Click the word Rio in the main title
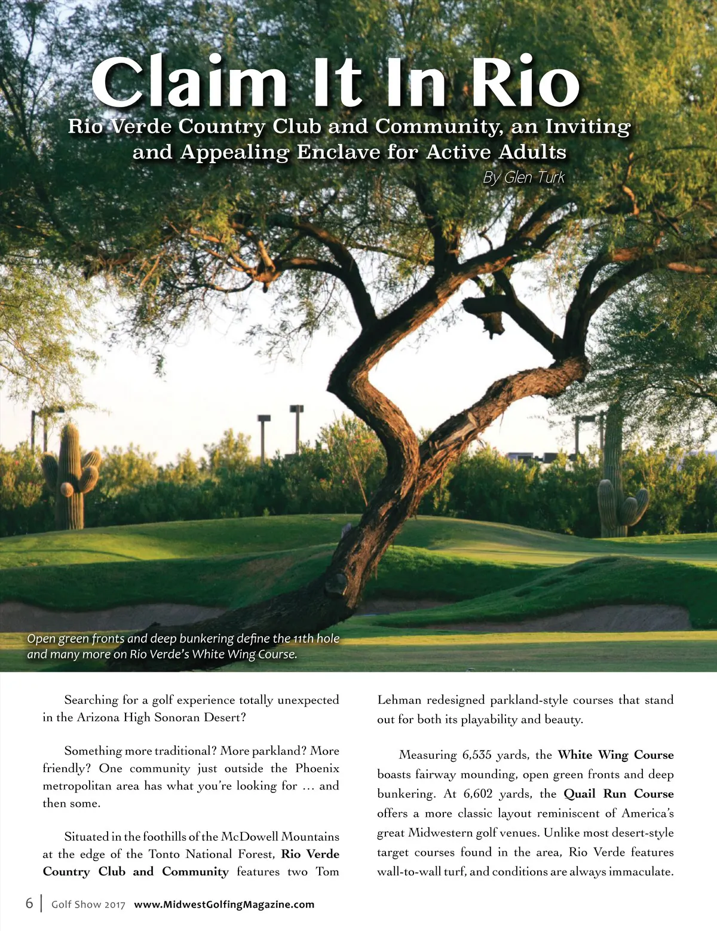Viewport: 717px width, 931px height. click(x=525, y=82)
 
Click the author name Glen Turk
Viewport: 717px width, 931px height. click(x=534, y=177)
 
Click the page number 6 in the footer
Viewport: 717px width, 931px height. click(x=29, y=903)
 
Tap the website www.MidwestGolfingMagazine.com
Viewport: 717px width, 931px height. click(x=224, y=904)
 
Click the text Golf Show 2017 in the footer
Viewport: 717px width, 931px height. click(x=88, y=904)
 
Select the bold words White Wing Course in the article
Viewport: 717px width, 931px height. click(x=615, y=755)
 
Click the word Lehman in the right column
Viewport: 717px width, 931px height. click(x=399, y=700)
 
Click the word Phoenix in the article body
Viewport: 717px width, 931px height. click(x=317, y=768)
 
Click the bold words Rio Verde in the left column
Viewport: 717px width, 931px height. click(x=310, y=854)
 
